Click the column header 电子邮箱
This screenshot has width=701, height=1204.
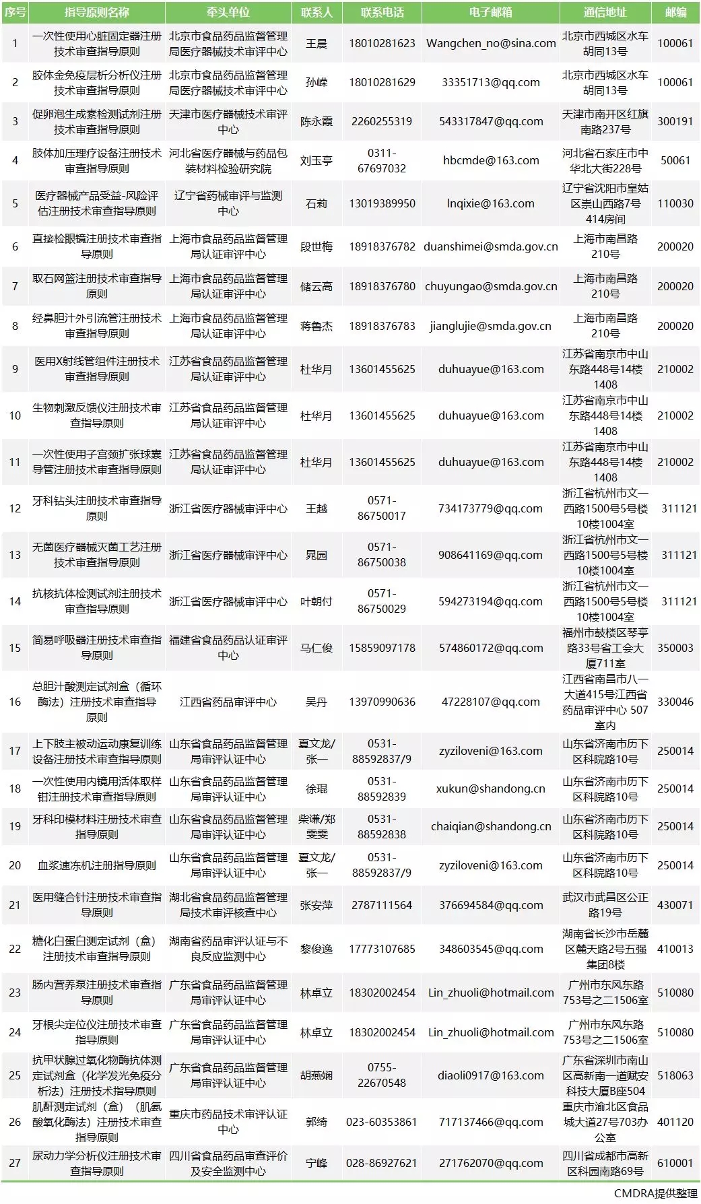click(x=490, y=13)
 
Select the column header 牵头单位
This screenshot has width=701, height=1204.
click(x=228, y=13)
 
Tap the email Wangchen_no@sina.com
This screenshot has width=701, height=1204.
click(x=491, y=44)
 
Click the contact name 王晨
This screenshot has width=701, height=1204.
click(x=316, y=44)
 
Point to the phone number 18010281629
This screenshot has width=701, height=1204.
click(x=382, y=83)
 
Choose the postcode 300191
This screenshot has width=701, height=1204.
click(x=675, y=122)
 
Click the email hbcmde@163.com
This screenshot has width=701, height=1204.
click(x=491, y=161)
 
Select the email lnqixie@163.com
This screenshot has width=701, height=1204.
click(x=491, y=203)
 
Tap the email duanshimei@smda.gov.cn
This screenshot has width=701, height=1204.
click(x=491, y=247)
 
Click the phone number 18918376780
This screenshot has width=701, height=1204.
click(x=382, y=287)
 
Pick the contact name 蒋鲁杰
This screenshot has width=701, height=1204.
click(x=316, y=327)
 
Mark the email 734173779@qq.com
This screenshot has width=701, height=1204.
click(x=491, y=509)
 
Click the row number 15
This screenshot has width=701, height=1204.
click(x=15, y=648)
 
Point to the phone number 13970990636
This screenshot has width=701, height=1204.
click(x=382, y=702)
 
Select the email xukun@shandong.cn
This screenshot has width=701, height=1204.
click(x=491, y=789)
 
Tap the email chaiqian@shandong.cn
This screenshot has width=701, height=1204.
click(x=491, y=827)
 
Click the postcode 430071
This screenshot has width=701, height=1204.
click(x=675, y=906)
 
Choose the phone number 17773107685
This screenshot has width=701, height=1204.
click(x=382, y=949)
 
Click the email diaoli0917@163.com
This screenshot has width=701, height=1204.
click(x=491, y=1076)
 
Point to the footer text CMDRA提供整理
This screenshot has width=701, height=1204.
click(x=655, y=1193)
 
